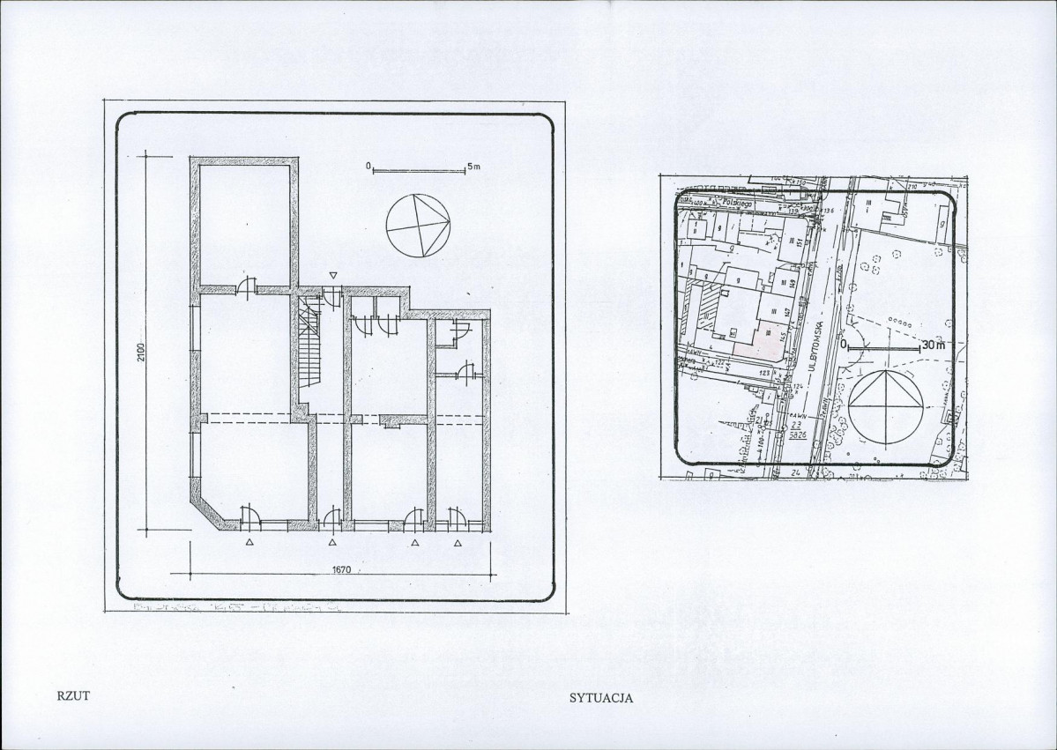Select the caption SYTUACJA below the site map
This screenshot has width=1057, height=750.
point(602,697)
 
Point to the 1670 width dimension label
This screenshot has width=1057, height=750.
point(342,569)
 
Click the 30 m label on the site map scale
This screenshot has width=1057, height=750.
point(930,345)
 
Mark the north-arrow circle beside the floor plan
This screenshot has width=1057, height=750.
point(418,225)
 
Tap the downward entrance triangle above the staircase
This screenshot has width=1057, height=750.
point(332,276)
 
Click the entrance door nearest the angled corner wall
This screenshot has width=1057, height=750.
point(249,516)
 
